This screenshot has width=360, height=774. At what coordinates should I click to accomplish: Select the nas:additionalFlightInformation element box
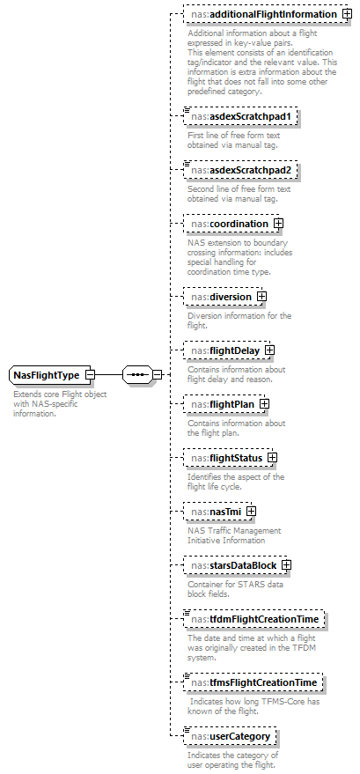[261, 15]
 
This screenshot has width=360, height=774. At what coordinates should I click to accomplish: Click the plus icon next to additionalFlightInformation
[347, 15]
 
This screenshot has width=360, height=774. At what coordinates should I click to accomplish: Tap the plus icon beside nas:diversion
[261, 298]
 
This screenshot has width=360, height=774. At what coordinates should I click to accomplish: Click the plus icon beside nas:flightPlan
[264, 404]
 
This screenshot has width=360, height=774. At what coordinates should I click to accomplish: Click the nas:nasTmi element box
[214, 512]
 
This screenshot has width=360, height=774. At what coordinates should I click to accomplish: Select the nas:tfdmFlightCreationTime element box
[254, 620]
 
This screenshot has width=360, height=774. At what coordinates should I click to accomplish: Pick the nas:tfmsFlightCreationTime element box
[254, 682]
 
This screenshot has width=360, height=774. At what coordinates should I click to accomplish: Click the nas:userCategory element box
[231, 736]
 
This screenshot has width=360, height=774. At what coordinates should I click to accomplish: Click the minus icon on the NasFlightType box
[91, 375]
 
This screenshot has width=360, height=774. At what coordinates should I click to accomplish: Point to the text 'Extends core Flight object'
[60, 394]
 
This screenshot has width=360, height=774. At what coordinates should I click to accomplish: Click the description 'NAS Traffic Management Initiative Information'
[233, 534]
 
